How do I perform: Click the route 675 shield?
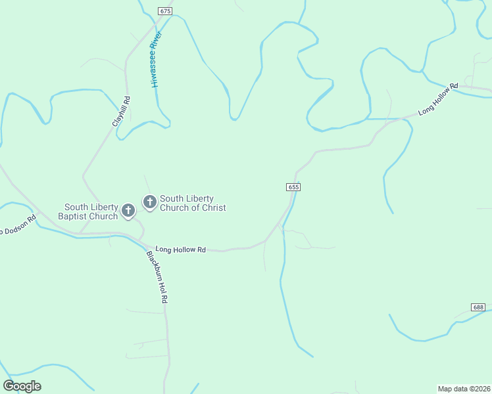pyautogui.click(x=165, y=11)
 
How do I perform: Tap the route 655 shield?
pyautogui.click(x=293, y=187)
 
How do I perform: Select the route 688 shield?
pyautogui.click(x=478, y=307)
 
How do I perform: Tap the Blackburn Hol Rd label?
pyautogui.click(x=158, y=276)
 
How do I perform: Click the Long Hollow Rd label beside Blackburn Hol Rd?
pyautogui.click(x=181, y=250)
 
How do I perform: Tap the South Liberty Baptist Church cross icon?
pyautogui.click(x=128, y=211)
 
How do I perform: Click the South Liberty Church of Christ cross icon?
pyautogui.click(x=150, y=202)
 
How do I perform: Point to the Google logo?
pyautogui.click(x=22, y=386)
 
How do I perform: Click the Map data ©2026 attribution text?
pyautogui.click(x=464, y=388)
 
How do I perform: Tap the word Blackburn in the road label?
pyautogui.click(x=155, y=267)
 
